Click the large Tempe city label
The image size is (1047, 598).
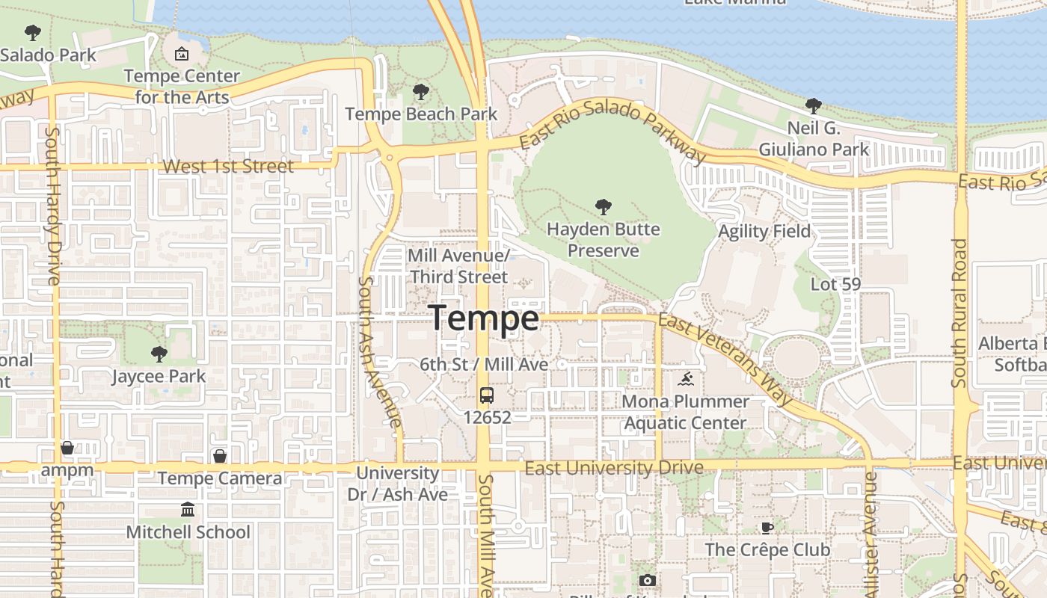coord(484,319)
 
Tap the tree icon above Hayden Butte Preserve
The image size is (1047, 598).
coord(604,207)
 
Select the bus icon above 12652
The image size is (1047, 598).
coord(487,395)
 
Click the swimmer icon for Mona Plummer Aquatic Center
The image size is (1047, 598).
coord(685,380)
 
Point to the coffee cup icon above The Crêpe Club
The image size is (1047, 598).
coord(767,528)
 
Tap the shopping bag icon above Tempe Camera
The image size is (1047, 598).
coord(220,456)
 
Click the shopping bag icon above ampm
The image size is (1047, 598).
coord(67,448)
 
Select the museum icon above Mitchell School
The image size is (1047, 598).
coord(188,510)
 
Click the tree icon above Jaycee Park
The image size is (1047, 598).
coord(159,354)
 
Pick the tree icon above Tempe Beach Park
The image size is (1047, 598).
coord(421,93)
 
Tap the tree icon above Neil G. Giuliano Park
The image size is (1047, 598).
coord(814,106)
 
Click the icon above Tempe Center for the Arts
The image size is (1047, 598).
coord(182,54)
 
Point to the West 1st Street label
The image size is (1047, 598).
coord(228,166)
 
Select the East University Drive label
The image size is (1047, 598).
coord(614,468)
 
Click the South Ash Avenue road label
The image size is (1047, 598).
coord(379,351)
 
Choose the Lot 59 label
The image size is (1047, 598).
coord(836,284)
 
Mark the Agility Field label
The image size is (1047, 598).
coord(764,232)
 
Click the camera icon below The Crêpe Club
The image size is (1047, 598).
coord(648,580)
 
